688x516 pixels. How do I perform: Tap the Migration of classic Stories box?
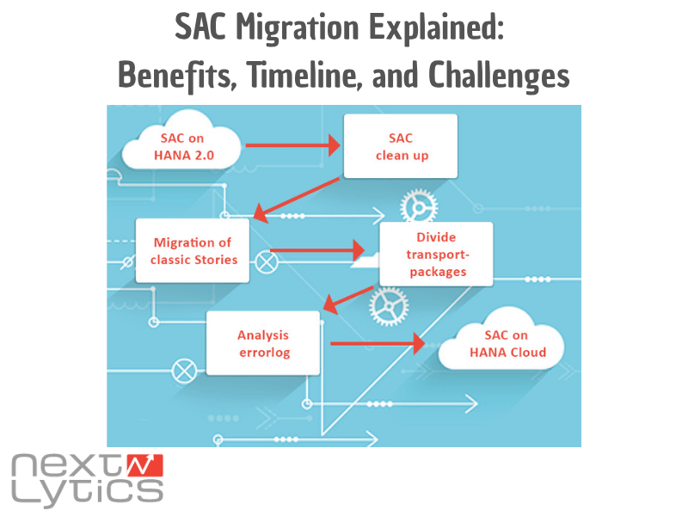(x=193, y=250)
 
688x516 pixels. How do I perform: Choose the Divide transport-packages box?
(x=436, y=254)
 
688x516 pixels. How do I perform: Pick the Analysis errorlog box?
(x=263, y=343)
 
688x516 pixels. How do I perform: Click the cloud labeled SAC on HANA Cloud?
(x=504, y=345)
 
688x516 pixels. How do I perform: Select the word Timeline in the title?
(x=295, y=76)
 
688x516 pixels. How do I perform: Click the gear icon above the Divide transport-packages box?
(x=419, y=206)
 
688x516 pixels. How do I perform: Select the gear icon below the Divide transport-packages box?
(x=388, y=304)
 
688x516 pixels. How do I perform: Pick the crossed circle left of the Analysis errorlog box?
(x=183, y=372)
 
